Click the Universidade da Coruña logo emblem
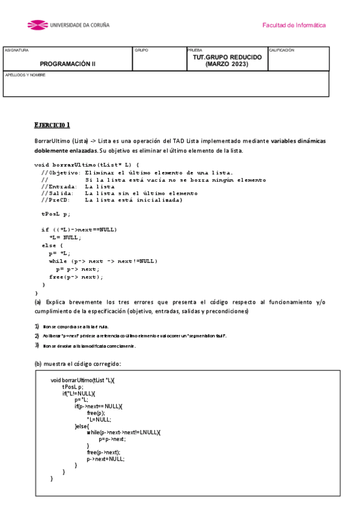38,25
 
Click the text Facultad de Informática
294,25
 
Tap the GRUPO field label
141,51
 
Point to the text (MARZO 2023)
227,64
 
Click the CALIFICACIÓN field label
282,51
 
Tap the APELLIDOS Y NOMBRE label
25,75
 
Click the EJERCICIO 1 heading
52,125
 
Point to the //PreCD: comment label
55,200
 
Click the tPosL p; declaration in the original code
56,214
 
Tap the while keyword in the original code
58,261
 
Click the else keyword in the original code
48,245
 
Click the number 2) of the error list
37,336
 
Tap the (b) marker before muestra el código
38,364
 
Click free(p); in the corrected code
96,413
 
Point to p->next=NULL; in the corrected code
105,459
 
